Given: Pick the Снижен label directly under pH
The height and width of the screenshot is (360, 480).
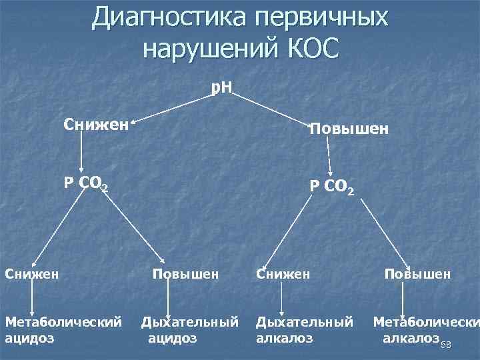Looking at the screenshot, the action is [x=96, y=124].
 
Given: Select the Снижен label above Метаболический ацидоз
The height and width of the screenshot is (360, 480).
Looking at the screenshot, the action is [x=31, y=273].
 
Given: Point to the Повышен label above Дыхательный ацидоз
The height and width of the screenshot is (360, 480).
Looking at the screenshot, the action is [x=185, y=273].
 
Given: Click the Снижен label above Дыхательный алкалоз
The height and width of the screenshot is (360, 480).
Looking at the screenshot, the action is [x=283, y=273].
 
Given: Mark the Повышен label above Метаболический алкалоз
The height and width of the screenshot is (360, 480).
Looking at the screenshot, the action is [x=417, y=273].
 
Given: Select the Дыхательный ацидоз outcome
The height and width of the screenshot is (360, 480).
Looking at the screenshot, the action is [x=189, y=329].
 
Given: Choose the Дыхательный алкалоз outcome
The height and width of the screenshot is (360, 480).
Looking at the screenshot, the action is [x=305, y=329].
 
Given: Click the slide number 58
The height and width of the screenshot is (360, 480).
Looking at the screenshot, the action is [x=446, y=344].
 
